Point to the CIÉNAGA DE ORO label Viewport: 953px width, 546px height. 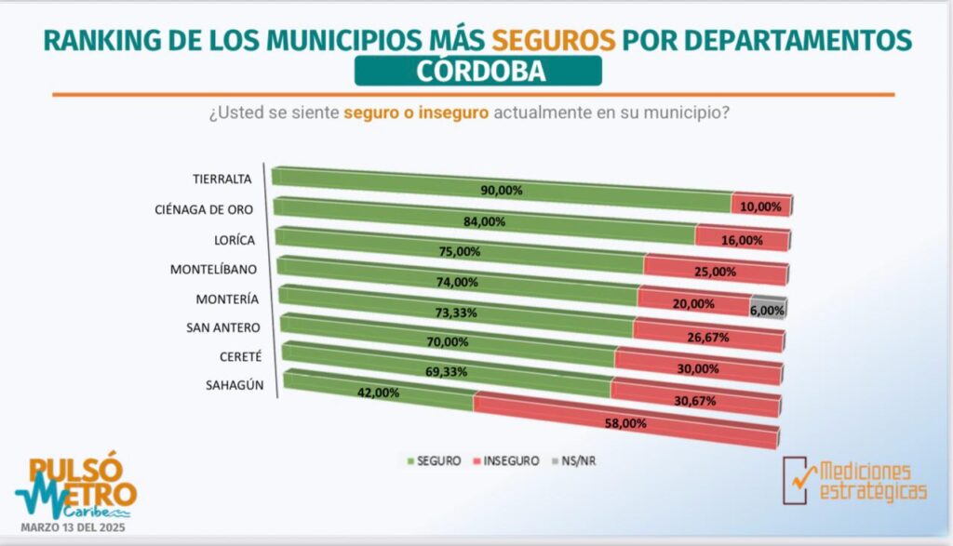point(204,209)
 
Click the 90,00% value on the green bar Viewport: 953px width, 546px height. point(501,191)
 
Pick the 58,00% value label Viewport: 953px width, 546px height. point(624,422)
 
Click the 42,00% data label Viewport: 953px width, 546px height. point(377,393)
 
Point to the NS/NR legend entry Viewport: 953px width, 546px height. point(575,460)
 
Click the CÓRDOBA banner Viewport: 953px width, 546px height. point(477,71)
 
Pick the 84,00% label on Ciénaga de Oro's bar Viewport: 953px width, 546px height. point(484,221)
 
